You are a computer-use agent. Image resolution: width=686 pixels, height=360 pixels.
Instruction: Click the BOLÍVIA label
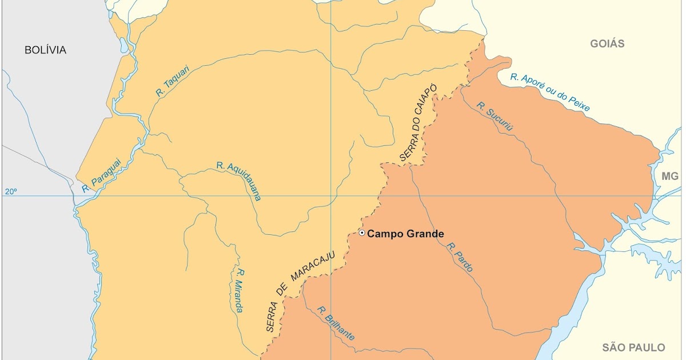(x=46, y=50)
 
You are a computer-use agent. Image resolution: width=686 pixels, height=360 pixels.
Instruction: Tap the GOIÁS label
(x=607, y=43)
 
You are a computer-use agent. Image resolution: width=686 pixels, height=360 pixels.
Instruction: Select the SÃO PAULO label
(x=634, y=347)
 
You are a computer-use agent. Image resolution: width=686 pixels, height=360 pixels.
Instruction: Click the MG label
(x=669, y=177)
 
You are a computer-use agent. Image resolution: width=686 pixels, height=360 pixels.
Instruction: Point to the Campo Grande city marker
(x=362, y=233)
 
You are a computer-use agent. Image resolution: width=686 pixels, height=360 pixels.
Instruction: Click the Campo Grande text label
(x=405, y=233)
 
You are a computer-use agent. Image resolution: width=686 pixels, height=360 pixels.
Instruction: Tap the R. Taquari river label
(x=172, y=83)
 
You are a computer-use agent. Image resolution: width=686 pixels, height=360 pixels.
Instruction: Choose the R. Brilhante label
(x=336, y=324)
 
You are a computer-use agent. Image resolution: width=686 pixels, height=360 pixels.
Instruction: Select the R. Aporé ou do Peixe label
(x=550, y=92)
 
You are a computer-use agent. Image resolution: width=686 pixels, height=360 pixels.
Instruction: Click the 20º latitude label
(x=11, y=192)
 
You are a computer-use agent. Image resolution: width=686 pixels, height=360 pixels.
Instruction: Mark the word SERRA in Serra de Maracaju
(x=272, y=317)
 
